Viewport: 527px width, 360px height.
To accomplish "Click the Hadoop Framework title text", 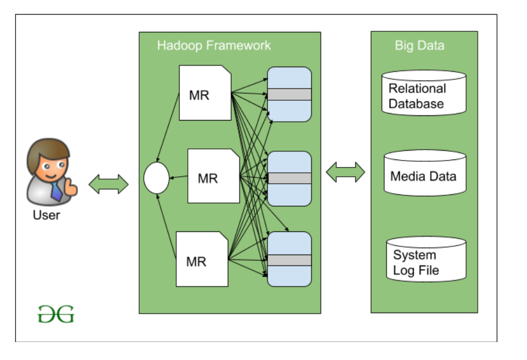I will [x=214, y=45].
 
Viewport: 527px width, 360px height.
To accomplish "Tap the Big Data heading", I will [x=419, y=45].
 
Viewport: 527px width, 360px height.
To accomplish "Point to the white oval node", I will [x=157, y=179].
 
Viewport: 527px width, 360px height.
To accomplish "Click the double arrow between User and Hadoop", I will [x=108, y=184].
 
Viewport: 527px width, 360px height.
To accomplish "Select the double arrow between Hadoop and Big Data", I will [x=346, y=172].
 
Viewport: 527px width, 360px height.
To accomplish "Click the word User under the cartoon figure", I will [x=46, y=215].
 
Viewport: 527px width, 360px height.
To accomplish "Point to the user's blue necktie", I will [x=56, y=191].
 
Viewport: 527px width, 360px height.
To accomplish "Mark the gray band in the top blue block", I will [x=289, y=94].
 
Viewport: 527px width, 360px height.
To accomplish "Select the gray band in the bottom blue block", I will [x=289, y=260].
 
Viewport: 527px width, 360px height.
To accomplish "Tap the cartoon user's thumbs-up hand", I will [x=71, y=187].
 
